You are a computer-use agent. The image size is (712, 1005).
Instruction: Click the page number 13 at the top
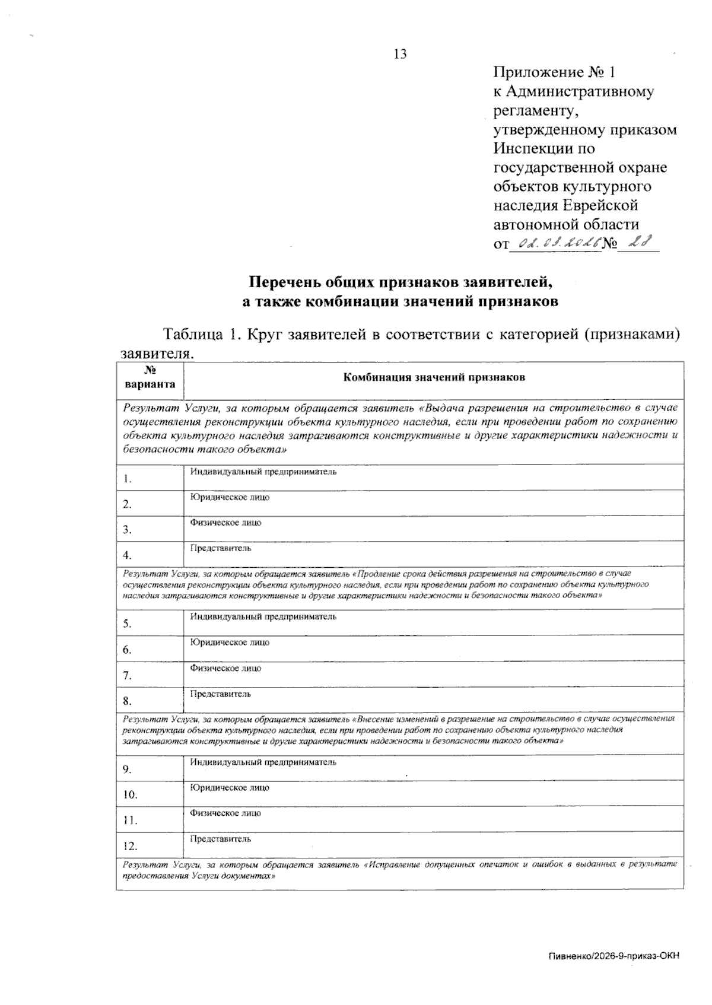tap(400, 55)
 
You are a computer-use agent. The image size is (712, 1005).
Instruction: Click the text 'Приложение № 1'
tap(555, 73)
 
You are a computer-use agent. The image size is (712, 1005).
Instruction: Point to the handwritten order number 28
tap(639, 242)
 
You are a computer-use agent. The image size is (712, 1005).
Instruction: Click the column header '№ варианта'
tap(150, 377)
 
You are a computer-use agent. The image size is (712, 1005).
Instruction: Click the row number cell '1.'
tap(128, 479)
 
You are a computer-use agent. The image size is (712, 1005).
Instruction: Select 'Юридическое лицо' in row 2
tap(230, 497)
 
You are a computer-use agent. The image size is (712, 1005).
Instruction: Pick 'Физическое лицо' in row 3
tap(225, 523)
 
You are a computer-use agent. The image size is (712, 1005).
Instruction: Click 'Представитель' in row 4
tap(220, 548)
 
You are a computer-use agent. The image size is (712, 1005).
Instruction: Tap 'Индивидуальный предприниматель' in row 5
tap(263, 616)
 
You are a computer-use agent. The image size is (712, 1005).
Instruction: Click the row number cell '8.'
tap(128, 701)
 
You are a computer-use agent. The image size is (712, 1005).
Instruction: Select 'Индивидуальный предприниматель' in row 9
tap(263, 762)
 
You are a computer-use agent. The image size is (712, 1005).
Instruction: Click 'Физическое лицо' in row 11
tap(225, 813)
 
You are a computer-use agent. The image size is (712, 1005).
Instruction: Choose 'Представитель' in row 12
tap(220, 839)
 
